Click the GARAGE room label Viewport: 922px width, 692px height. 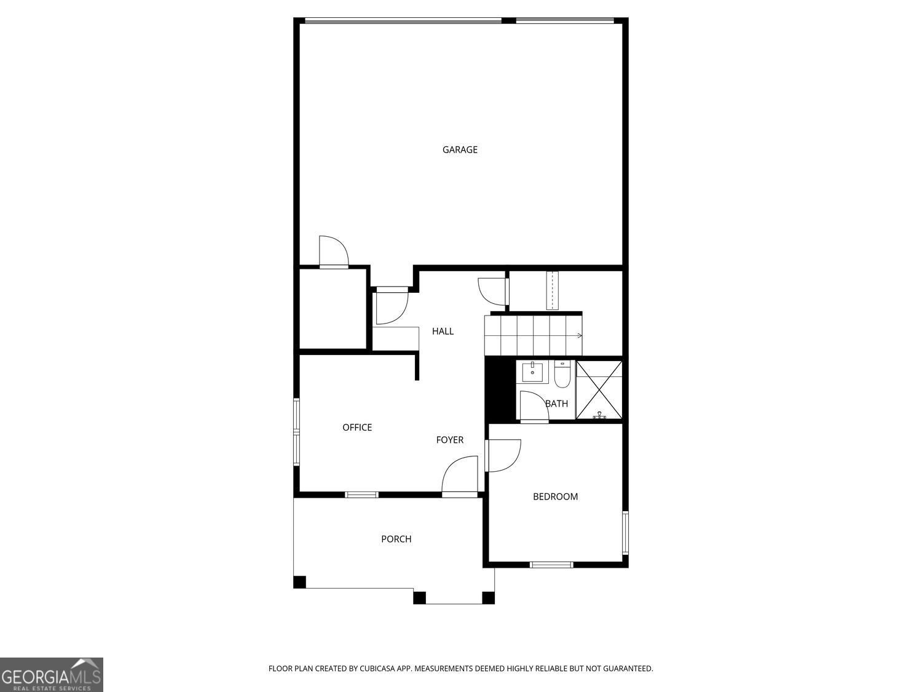(460, 149)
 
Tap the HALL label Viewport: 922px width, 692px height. (443, 332)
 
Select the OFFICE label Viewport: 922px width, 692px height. (357, 428)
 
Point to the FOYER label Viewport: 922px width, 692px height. (450, 440)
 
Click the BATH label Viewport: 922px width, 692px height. (557, 404)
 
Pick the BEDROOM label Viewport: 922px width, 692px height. (555, 497)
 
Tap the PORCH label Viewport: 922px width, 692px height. (396, 539)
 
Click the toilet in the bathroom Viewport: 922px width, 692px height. (562, 375)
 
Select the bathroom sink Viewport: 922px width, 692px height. (532, 372)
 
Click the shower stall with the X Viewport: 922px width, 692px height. (599, 391)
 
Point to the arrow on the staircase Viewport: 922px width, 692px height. (579, 336)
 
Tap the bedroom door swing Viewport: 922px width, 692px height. (503, 455)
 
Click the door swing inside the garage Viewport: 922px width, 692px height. (334, 251)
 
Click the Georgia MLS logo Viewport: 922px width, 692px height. (51, 675)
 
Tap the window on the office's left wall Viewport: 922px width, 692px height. (296, 431)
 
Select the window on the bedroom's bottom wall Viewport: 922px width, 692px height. (551, 565)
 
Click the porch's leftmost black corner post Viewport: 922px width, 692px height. (300, 582)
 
